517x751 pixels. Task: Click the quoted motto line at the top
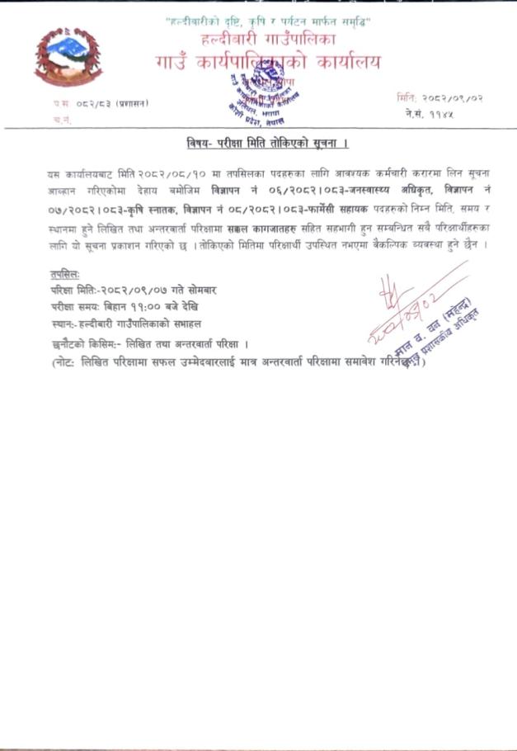click(x=268, y=21)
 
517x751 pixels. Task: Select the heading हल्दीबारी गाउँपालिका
click(x=269, y=38)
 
